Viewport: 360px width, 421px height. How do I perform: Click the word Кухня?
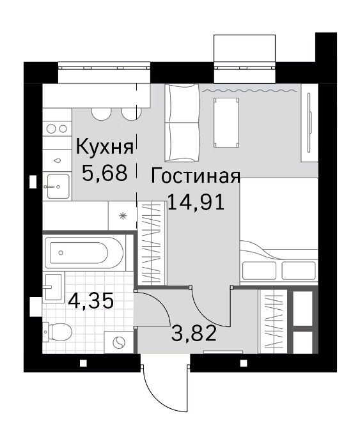click(x=105, y=148)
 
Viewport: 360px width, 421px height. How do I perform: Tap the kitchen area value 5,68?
click(x=105, y=172)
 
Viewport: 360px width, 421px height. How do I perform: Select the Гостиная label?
click(x=196, y=177)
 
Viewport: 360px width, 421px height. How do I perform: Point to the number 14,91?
click(x=196, y=203)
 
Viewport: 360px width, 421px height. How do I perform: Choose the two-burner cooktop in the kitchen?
click(x=56, y=128)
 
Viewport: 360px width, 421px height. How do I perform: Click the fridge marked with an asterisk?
click(x=122, y=215)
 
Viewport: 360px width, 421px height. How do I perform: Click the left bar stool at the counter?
click(x=102, y=114)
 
